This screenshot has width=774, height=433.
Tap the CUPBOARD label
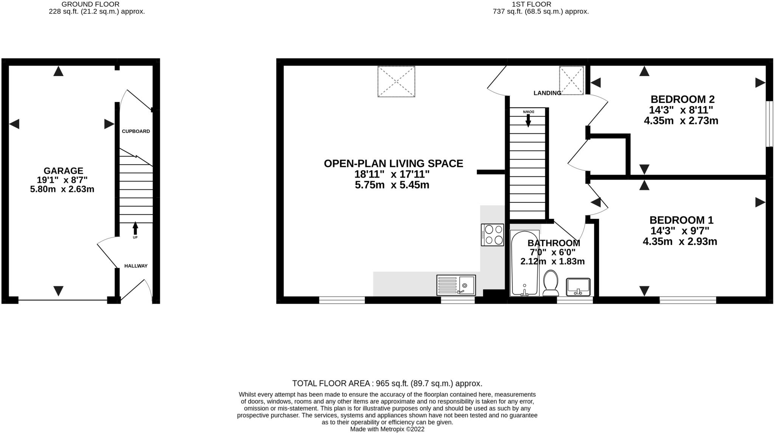(x=136, y=131)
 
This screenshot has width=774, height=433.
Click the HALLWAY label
(x=136, y=266)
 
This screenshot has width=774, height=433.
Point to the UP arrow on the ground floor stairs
(x=135, y=229)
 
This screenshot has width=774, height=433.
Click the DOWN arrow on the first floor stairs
(x=528, y=120)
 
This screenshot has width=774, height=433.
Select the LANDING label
(x=547, y=93)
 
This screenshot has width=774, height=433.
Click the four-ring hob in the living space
(x=492, y=235)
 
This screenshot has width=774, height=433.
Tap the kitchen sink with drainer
(x=456, y=285)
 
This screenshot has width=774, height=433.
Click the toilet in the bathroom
(x=551, y=283)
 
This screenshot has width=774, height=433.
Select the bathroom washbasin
(x=578, y=287)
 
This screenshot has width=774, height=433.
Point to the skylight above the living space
(x=396, y=81)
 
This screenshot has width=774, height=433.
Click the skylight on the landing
(x=571, y=80)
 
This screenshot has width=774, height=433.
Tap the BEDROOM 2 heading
(x=682, y=99)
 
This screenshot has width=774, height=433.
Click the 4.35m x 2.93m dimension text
(x=680, y=241)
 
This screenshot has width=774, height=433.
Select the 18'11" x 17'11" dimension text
(x=392, y=174)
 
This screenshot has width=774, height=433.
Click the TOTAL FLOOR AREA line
(x=387, y=383)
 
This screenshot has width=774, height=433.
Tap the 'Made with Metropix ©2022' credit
(x=387, y=429)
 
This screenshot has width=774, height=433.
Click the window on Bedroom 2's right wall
(x=769, y=123)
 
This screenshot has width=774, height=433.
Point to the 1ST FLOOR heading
(x=531, y=4)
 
